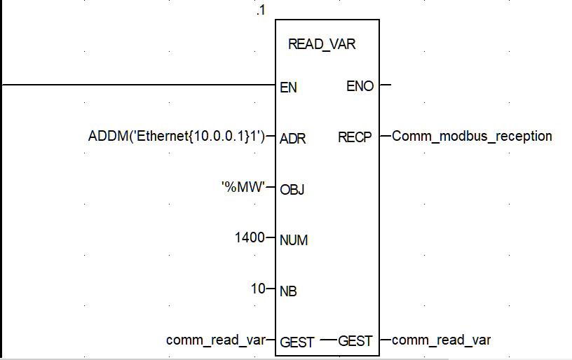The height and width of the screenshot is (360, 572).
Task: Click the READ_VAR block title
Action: tap(322, 44)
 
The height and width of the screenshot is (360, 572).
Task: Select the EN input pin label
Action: tap(288, 88)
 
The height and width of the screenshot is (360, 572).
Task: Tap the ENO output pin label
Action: tap(360, 86)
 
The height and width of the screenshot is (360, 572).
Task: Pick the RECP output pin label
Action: tap(355, 137)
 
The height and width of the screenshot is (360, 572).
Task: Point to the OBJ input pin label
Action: tap(292, 189)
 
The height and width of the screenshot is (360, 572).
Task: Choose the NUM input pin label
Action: tap(294, 240)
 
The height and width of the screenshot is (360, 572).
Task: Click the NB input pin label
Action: tap(288, 291)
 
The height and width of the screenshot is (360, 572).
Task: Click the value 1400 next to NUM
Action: tap(250, 238)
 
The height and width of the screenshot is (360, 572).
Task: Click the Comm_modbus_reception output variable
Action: tap(472, 137)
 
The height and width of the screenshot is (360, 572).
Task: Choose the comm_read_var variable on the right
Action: tap(441, 340)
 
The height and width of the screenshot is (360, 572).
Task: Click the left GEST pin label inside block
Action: tap(297, 342)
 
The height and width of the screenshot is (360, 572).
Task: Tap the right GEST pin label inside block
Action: tap(355, 341)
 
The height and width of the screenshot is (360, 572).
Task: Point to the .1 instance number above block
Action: tap(261, 12)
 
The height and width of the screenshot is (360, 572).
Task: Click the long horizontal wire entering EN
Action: tap(140, 85)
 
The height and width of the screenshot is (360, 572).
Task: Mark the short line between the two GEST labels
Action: tap(328, 340)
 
